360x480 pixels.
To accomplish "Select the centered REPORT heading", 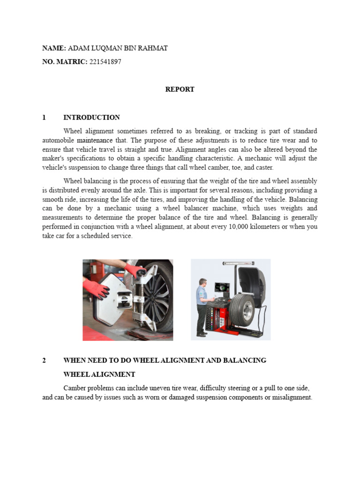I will click(x=180, y=89).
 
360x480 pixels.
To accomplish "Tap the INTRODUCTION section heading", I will click(x=91, y=117).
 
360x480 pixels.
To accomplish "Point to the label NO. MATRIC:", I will click(x=65, y=61).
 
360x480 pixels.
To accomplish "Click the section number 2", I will click(x=44, y=360).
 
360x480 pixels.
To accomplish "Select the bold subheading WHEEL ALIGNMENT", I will click(x=99, y=375).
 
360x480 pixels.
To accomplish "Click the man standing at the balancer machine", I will click(x=202, y=307).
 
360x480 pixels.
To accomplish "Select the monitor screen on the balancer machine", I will click(x=219, y=287).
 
